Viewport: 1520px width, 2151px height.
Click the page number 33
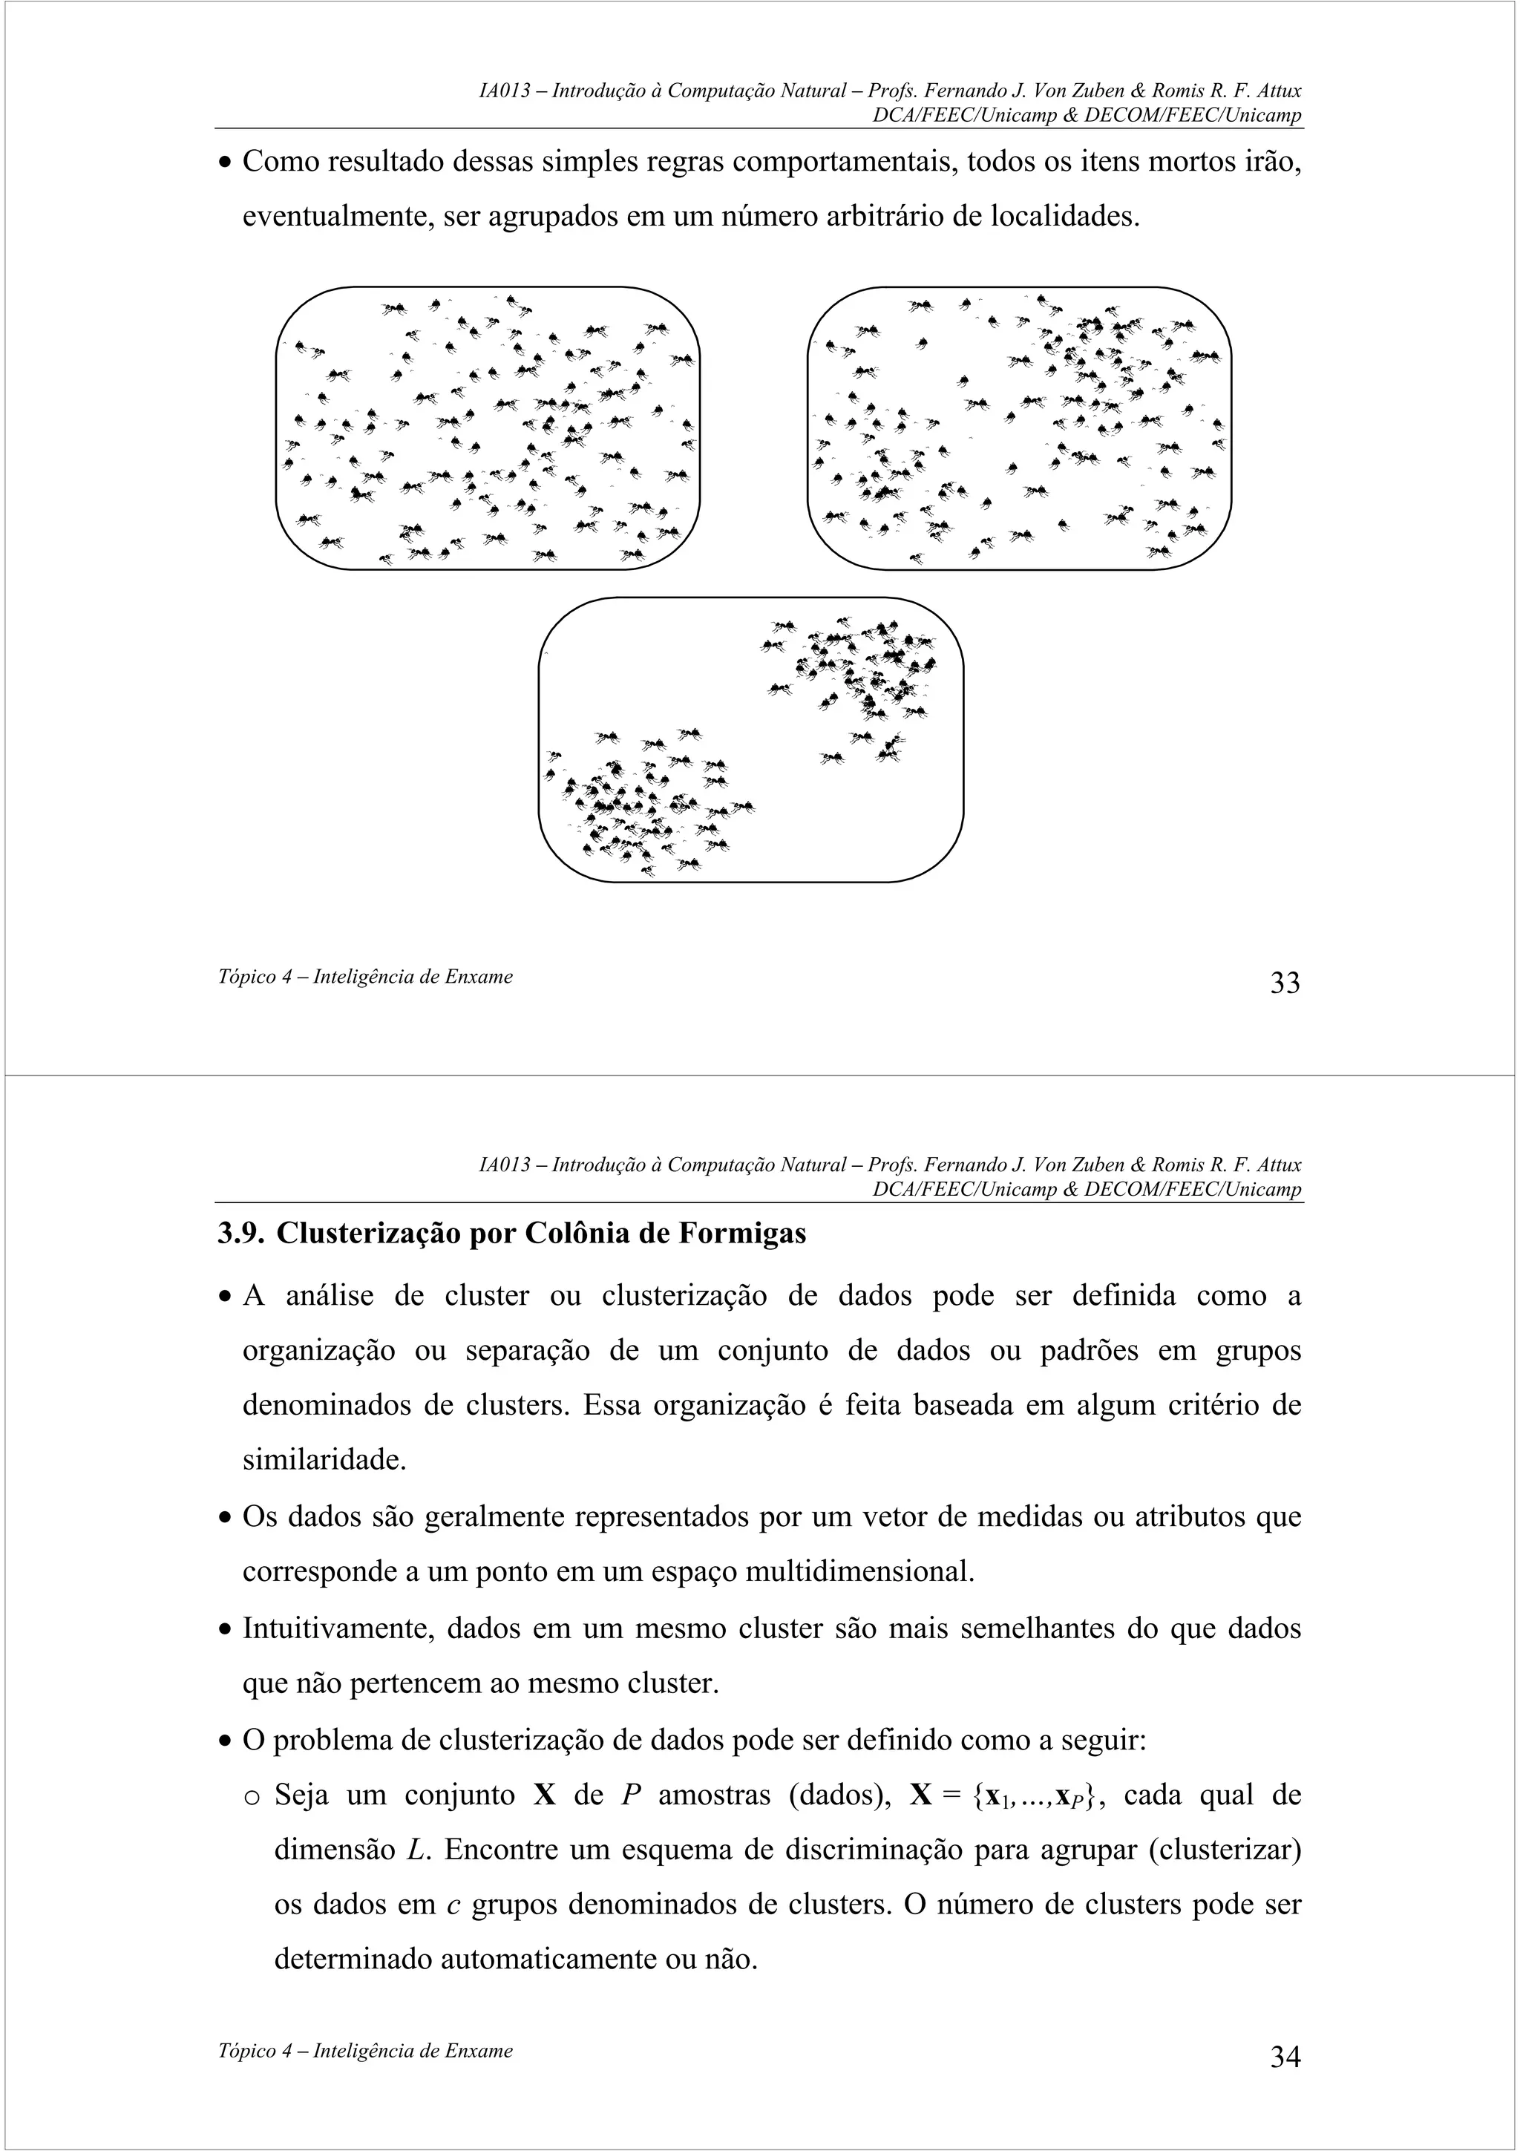pos(1284,983)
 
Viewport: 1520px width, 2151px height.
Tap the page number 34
pos(1284,2057)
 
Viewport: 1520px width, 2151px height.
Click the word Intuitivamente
pos(339,1628)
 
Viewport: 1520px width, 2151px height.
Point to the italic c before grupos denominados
pos(453,1905)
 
